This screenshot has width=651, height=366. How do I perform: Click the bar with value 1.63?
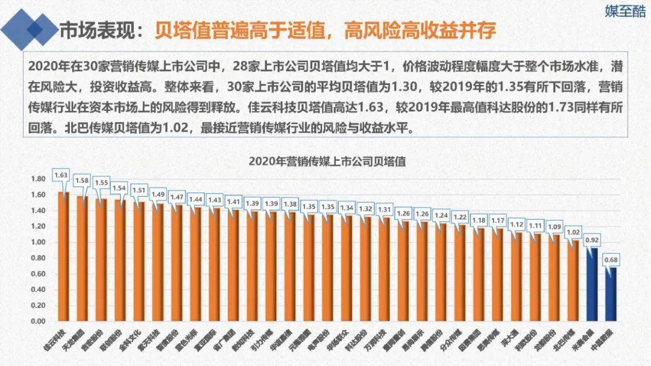(x=63, y=256)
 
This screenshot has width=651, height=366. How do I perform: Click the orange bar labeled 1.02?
(x=573, y=281)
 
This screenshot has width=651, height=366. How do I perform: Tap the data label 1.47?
(x=176, y=197)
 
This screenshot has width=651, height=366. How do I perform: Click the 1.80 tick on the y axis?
(x=38, y=179)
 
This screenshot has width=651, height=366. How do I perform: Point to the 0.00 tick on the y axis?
(x=38, y=321)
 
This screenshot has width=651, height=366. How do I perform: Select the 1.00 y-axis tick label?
(x=38, y=242)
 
